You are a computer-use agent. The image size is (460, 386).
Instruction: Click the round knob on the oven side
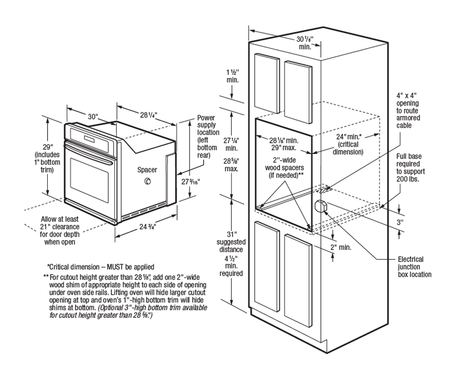pos(148,183)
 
